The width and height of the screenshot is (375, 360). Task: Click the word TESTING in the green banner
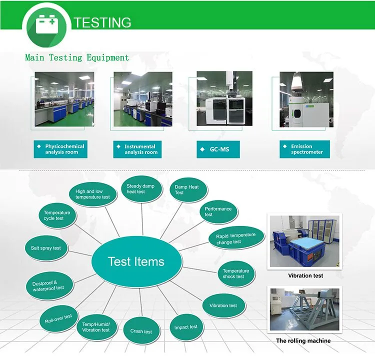point(102,22)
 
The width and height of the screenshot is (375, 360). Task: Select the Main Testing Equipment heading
point(77,57)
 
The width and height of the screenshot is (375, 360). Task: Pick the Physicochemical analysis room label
point(60,149)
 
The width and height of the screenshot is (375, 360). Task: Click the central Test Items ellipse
point(136,261)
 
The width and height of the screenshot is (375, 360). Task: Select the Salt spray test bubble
point(46,248)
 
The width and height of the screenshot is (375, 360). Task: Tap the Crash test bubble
point(141,331)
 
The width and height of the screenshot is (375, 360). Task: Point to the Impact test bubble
point(185,327)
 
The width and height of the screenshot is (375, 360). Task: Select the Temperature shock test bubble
point(235,274)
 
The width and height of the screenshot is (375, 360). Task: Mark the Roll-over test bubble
point(58,316)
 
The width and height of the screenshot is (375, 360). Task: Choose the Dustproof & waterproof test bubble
point(48,285)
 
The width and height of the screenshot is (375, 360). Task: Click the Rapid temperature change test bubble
point(235,238)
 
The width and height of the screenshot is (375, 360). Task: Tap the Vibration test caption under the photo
point(305,275)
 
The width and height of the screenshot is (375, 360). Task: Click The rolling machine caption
point(303,341)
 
